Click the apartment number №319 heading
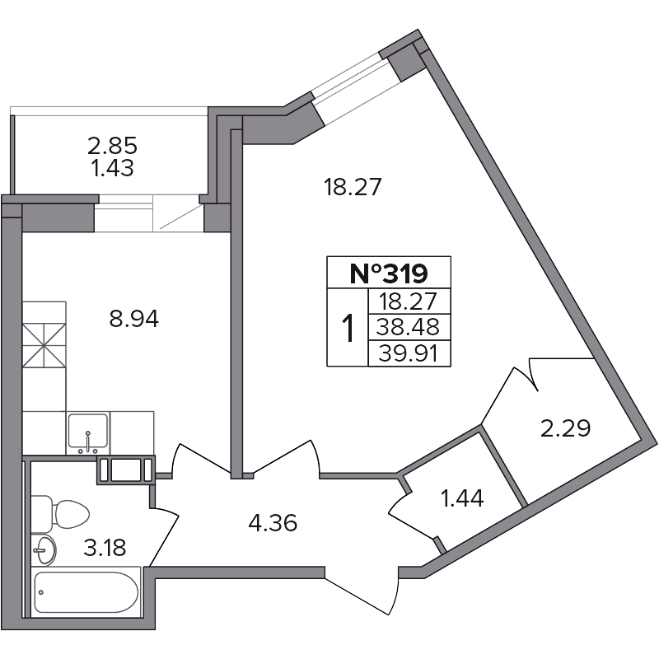click(x=389, y=273)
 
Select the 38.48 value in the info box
click(x=408, y=326)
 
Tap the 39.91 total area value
click(x=408, y=353)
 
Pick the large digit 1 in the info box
click(x=348, y=328)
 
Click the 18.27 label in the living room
click(x=353, y=187)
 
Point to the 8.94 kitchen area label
click(x=134, y=319)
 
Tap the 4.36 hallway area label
click(x=273, y=523)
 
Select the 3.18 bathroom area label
click(x=105, y=548)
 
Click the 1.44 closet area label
click(x=462, y=498)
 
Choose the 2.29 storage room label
click(x=565, y=428)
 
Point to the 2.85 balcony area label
click(x=112, y=147)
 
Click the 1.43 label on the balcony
click(x=113, y=168)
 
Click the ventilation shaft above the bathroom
click(x=126, y=470)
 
